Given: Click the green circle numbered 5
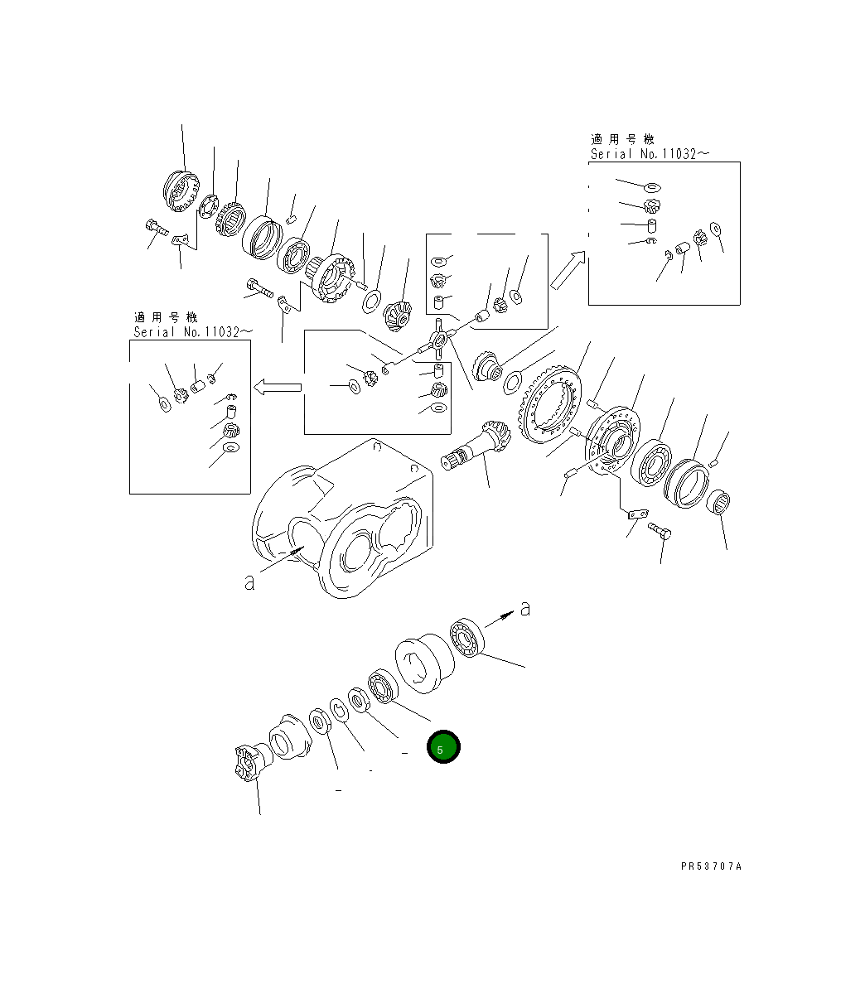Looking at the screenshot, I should coord(443,747).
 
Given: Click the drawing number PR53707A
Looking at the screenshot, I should coord(711,866).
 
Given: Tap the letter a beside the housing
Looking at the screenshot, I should coord(250,583).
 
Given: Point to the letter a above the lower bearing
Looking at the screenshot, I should coord(524,609).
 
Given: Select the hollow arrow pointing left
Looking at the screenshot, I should coord(276,386).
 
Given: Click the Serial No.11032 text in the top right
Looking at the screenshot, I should coord(650,155).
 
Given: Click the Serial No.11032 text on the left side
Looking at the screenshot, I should coord(193,332).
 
